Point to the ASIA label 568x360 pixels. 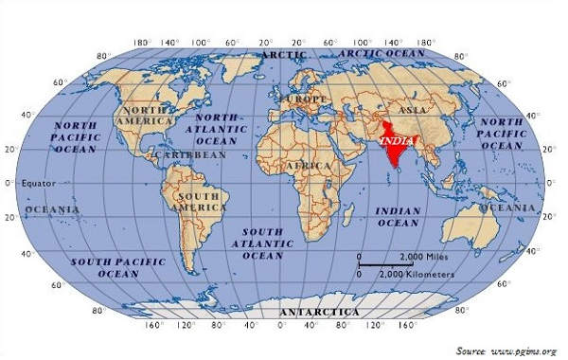click(x=412, y=110)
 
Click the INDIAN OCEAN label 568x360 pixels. click(x=399, y=216)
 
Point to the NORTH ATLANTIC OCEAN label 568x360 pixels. click(x=217, y=129)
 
